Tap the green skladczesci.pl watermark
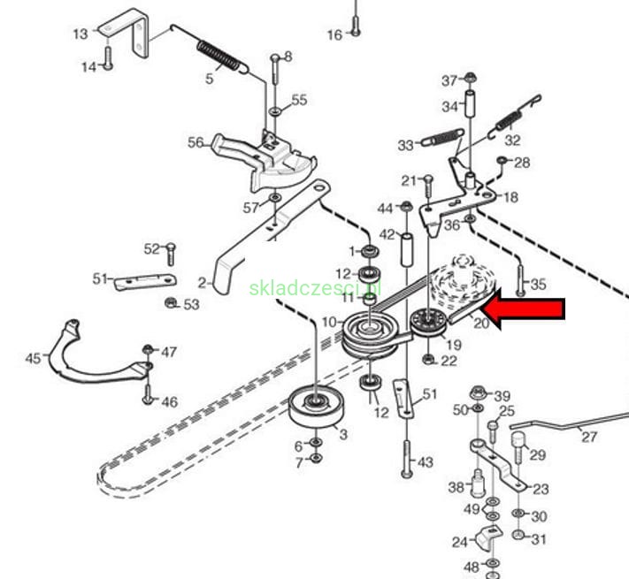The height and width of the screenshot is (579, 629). coord(315,288)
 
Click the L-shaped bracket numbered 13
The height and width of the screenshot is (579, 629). coord(125,34)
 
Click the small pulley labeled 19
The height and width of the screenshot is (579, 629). coord(428,322)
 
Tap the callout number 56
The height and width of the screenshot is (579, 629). coord(196,142)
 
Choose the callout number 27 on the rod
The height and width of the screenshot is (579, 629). coord(589,437)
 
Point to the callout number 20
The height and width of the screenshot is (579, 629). coord(481,323)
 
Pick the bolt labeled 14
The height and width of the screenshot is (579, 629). coord(108,58)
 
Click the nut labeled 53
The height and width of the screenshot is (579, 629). coord(171,302)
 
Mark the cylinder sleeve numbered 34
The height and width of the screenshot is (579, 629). coord(470,104)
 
